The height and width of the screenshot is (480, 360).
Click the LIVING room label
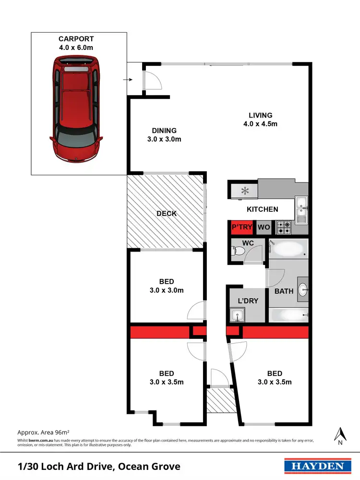pyautogui.click(x=261, y=115)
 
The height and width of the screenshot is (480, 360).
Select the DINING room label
pyautogui.click(x=165, y=131)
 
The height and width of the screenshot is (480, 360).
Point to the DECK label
pyautogui.click(x=167, y=214)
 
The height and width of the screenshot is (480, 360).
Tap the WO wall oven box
pyautogui.click(x=263, y=227)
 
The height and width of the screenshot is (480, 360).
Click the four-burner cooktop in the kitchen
pyautogui.click(x=284, y=227)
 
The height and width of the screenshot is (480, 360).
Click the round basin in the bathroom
pyautogui.click(x=303, y=289)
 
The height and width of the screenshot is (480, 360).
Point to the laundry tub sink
pyautogui.click(x=236, y=315)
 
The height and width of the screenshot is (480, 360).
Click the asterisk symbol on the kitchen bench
pyautogui.click(x=245, y=191)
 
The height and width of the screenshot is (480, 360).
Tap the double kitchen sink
pyautogui.click(x=301, y=210)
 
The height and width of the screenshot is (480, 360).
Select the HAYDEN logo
pyautogui.click(x=315, y=466)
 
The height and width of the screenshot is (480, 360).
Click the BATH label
pyautogui.click(x=281, y=291)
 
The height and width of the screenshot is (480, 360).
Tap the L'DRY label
pyautogui.click(x=248, y=301)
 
